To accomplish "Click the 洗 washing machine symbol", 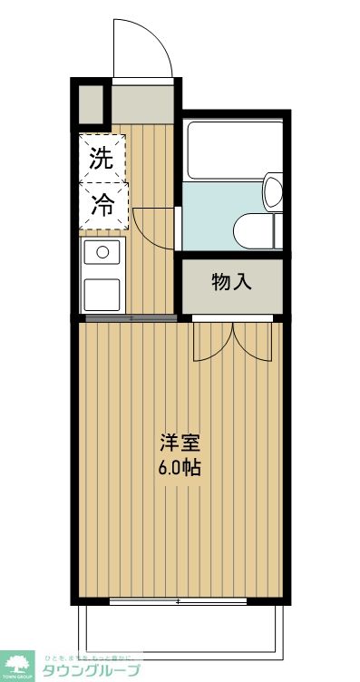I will (x=102, y=158).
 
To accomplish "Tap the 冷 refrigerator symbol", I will (x=102, y=205).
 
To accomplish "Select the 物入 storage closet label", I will (x=232, y=282).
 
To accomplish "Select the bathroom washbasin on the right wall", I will (x=273, y=192).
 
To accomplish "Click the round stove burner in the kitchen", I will (x=102, y=251).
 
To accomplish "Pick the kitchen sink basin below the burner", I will (x=102, y=294).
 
